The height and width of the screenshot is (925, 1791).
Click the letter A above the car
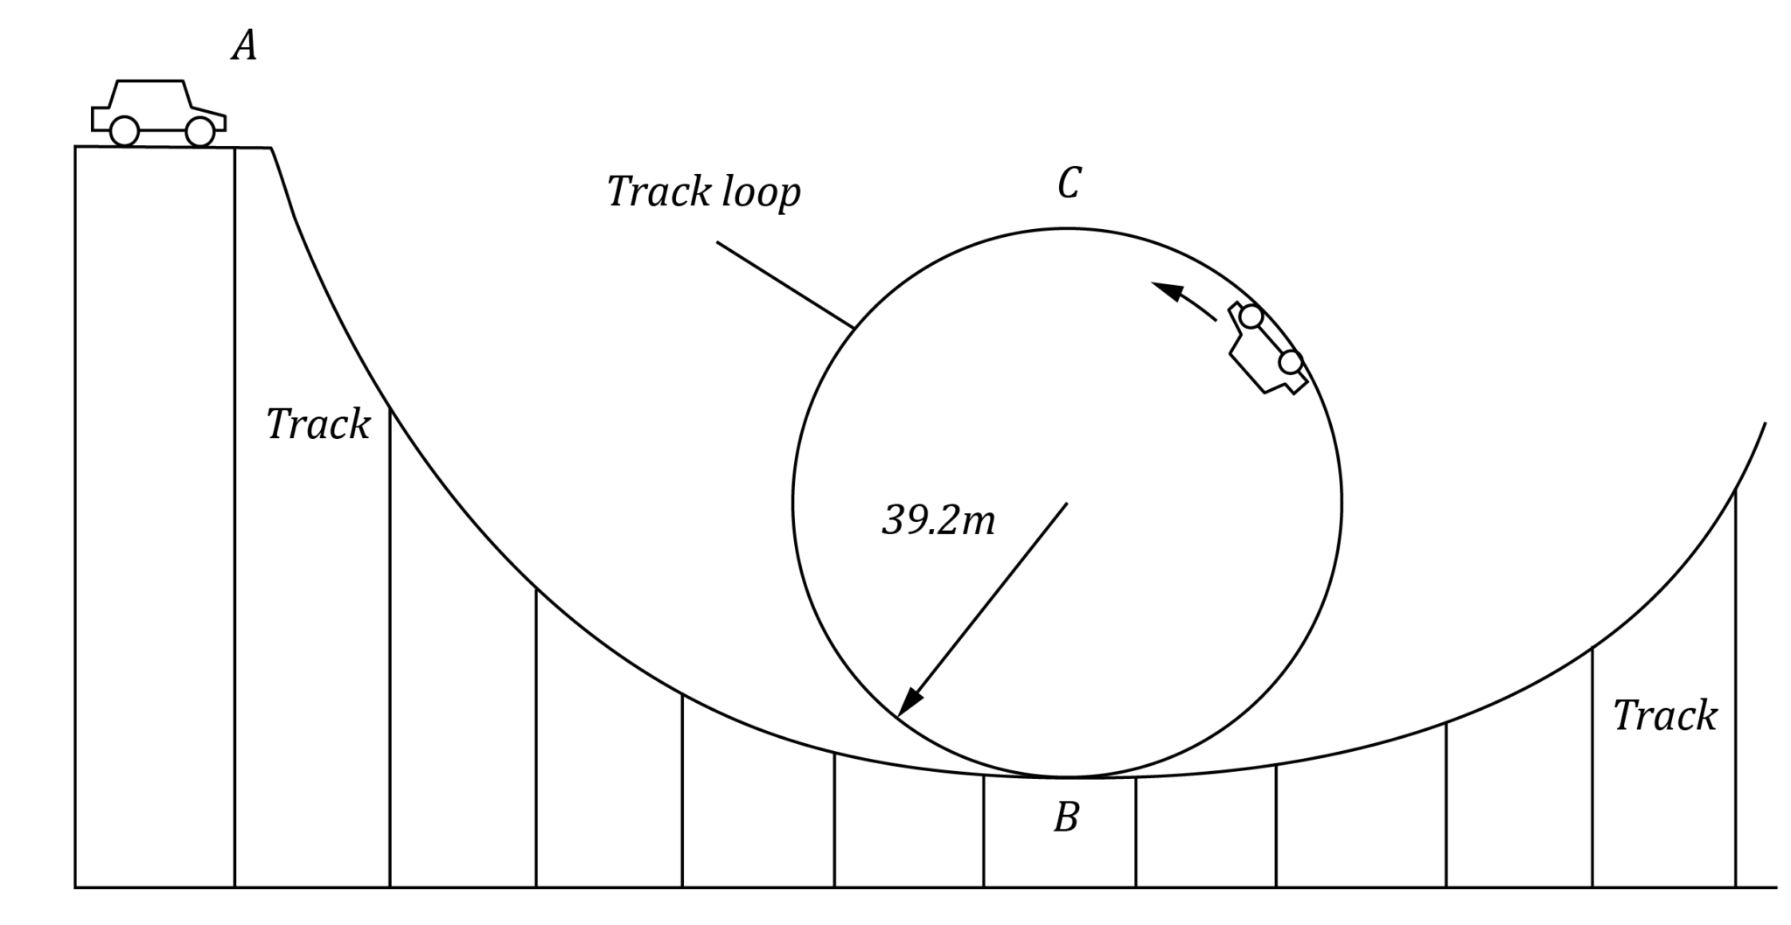(x=245, y=45)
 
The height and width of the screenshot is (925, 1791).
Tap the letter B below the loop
(x=1066, y=817)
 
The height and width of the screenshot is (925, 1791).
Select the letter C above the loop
(x=1069, y=184)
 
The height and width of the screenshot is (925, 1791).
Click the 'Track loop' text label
(x=703, y=192)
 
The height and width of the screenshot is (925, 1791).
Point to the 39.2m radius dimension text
(x=938, y=521)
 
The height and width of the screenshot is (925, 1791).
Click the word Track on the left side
(x=317, y=425)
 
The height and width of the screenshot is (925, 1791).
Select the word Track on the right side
(x=1664, y=716)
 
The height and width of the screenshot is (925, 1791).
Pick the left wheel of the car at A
(x=125, y=132)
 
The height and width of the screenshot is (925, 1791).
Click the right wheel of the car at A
(x=200, y=132)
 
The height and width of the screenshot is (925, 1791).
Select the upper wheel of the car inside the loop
(x=1251, y=316)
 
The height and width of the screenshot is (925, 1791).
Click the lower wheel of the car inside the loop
(x=1291, y=361)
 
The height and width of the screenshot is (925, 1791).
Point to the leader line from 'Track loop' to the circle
(x=784, y=284)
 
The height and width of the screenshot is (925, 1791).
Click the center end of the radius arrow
(x=1066, y=504)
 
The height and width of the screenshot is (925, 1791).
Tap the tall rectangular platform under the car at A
(x=154, y=516)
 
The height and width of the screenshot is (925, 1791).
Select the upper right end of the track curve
(x=1764, y=425)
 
